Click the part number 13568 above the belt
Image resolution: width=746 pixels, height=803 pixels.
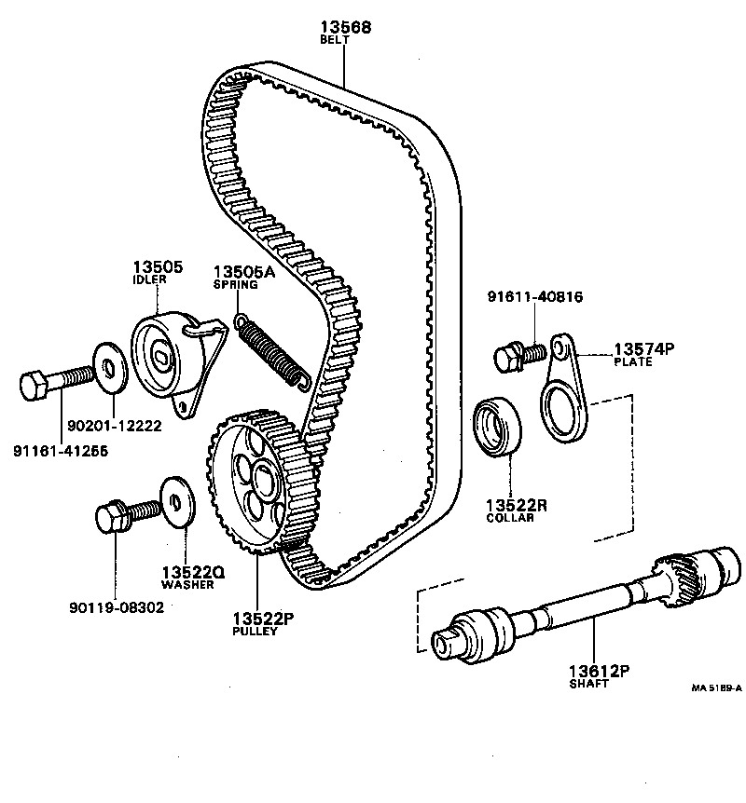pos(344,28)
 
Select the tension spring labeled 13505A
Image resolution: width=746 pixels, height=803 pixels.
pos(269,348)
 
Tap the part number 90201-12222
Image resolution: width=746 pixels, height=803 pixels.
pos(115,426)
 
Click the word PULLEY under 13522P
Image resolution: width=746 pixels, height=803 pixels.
pos(255,631)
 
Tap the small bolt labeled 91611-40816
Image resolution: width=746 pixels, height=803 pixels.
pos(517,355)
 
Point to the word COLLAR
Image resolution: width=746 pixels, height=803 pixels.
pos(510,518)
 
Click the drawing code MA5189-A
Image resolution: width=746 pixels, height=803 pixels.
pos(716,688)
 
